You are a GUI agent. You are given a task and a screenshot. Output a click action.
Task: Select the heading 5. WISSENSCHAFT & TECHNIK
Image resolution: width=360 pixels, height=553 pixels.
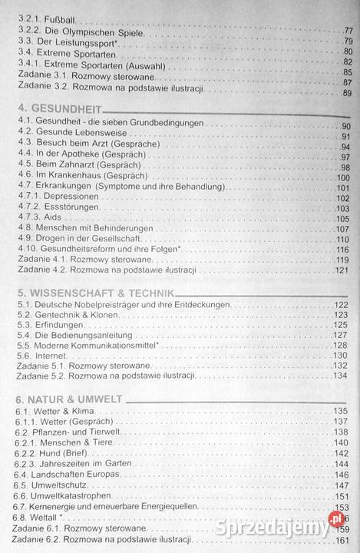pyautogui.click(x=95, y=293)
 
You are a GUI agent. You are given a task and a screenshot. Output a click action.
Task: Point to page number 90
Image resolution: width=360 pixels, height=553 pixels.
pyautogui.click(x=345, y=125)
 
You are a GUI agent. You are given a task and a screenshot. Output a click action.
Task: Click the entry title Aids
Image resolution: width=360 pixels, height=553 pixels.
pyautogui.click(x=54, y=218)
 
